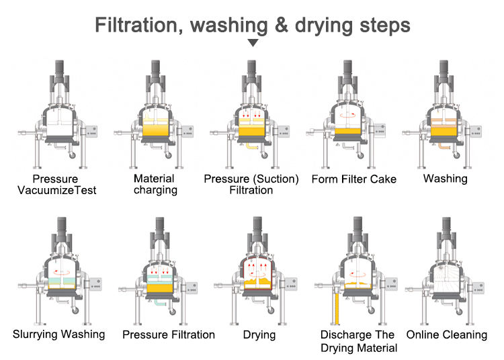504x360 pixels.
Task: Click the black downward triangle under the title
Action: (253, 43)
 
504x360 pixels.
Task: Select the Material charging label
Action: (155, 184)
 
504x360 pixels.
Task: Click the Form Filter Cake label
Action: (353, 179)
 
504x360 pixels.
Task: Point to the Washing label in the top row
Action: (446, 179)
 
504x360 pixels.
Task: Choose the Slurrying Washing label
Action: (59, 334)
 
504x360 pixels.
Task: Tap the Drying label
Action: (260, 334)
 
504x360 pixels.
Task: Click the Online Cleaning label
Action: (447, 334)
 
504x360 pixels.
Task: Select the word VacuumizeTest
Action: (58, 190)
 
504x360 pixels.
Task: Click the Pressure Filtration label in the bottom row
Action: (169, 334)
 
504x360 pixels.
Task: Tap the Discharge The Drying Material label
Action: (359, 341)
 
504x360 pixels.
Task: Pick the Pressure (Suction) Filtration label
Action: (251, 184)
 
